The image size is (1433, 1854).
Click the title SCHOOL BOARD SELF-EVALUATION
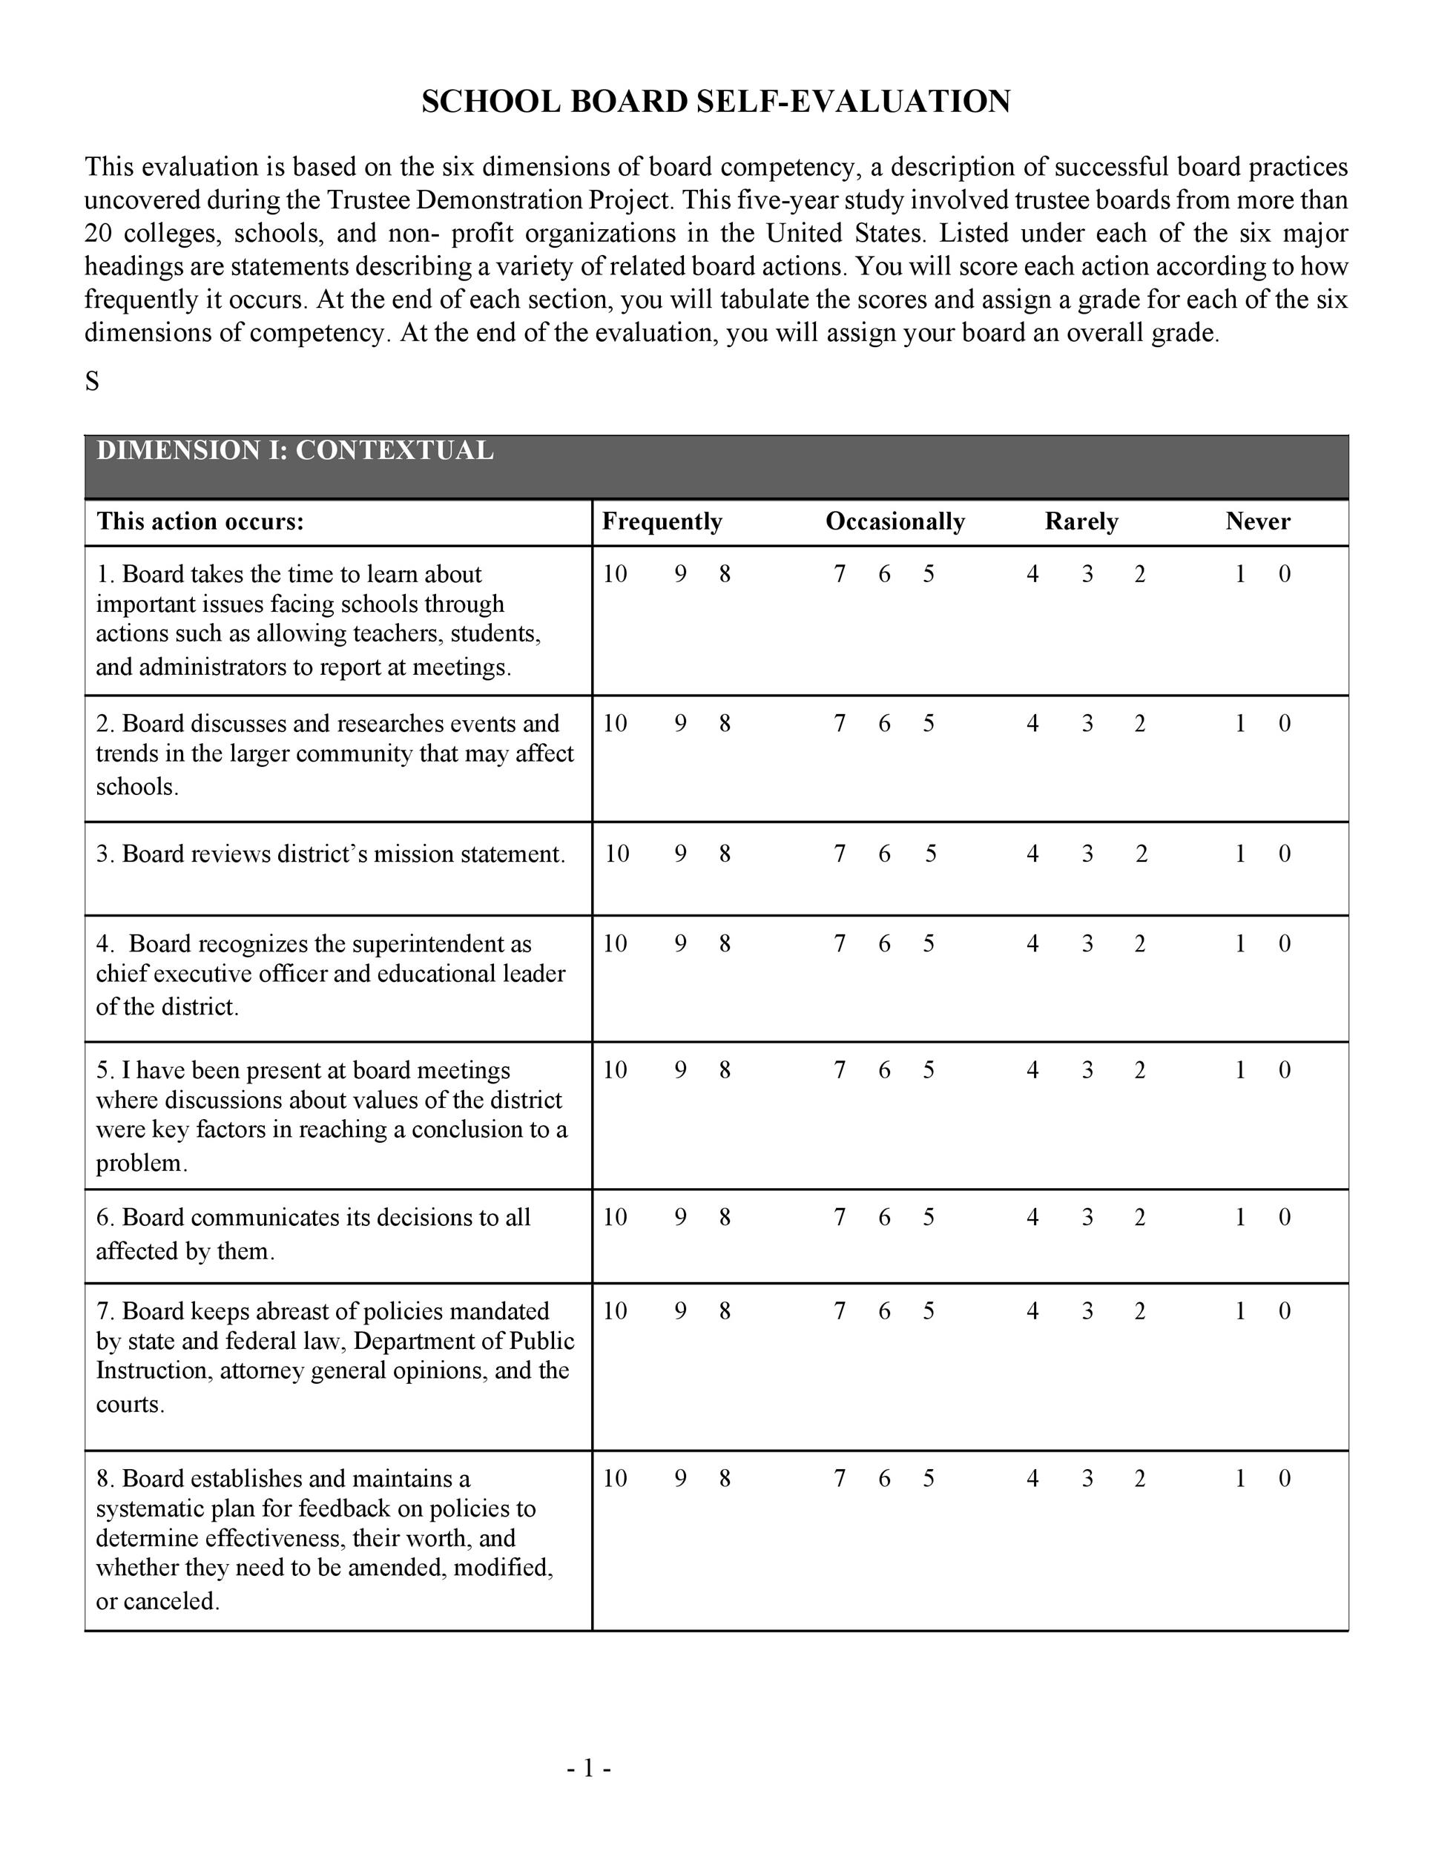click(x=716, y=102)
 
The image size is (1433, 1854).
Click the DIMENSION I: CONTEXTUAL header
click(x=294, y=451)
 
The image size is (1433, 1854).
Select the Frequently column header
click(x=662, y=521)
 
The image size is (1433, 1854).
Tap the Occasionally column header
click(x=895, y=521)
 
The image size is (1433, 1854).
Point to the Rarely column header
click(x=1081, y=521)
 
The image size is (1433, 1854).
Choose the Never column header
click(x=1257, y=521)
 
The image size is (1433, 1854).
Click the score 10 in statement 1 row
click(x=615, y=575)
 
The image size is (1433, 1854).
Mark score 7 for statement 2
click(x=840, y=723)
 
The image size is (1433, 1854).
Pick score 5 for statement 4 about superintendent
click(x=929, y=943)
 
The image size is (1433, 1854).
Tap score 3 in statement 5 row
click(x=1087, y=1069)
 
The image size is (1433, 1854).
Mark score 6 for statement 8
click(x=883, y=1478)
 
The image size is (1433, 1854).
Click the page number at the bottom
click(x=589, y=1768)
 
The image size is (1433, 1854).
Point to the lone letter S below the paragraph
click(x=92, y=382)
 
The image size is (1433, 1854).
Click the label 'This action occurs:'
click(x=200, y=521)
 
